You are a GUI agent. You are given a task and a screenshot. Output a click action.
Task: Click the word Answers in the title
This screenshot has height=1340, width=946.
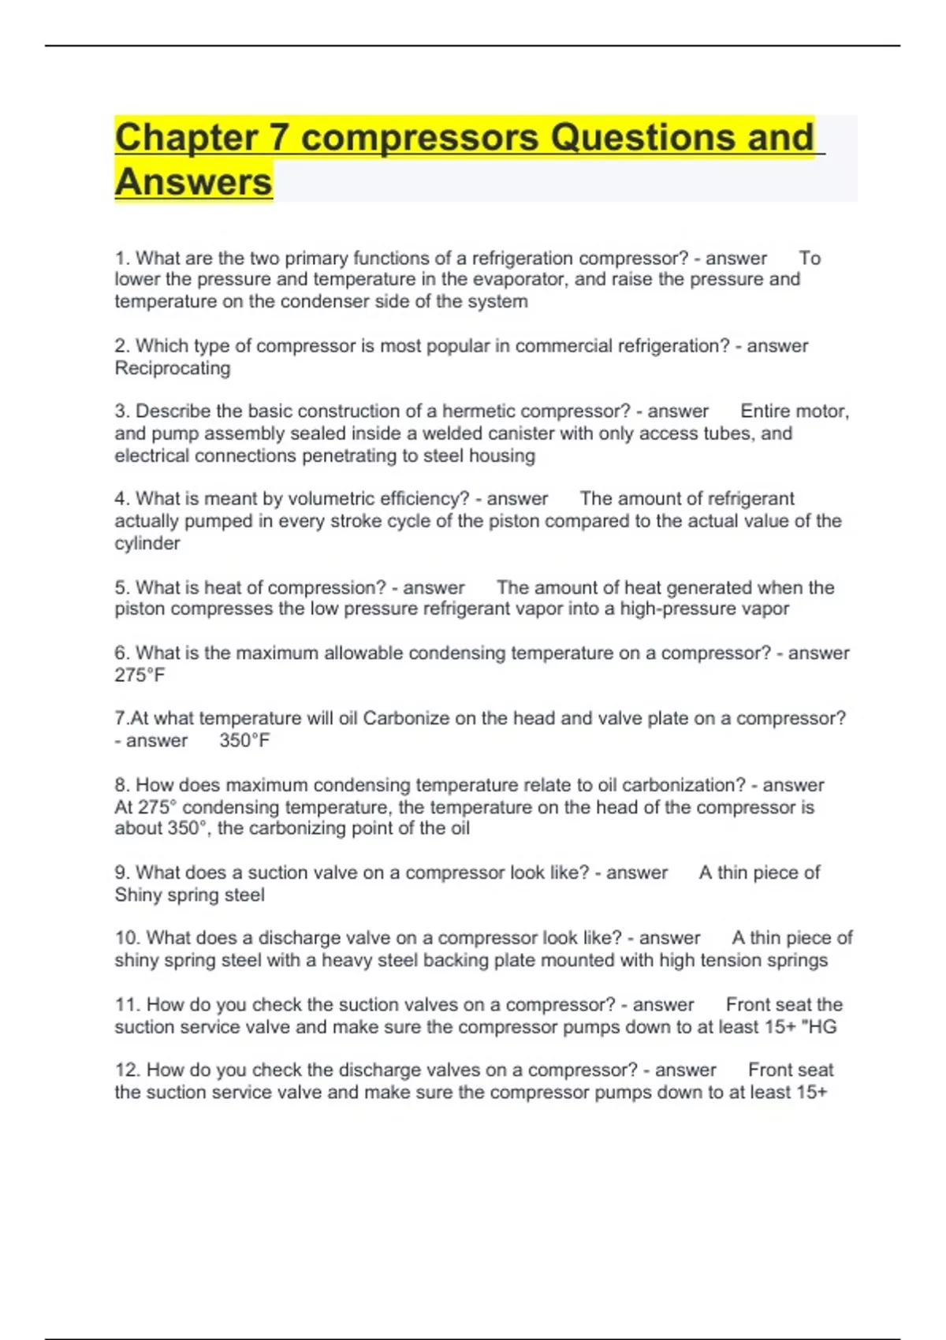click(193, 182)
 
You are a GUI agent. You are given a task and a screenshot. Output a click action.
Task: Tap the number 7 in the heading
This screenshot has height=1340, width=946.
click(278, 137)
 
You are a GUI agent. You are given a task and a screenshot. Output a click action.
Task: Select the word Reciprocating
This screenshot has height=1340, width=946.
click(173, 368)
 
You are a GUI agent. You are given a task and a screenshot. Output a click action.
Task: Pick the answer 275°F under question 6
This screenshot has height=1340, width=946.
click(140, 676)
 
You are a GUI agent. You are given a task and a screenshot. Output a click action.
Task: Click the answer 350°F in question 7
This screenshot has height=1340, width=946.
click(244, 741)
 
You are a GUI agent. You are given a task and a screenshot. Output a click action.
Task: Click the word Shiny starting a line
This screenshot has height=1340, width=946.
click(139, 895)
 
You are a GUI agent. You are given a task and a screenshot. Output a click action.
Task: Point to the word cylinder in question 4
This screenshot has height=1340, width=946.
click(147, 544)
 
